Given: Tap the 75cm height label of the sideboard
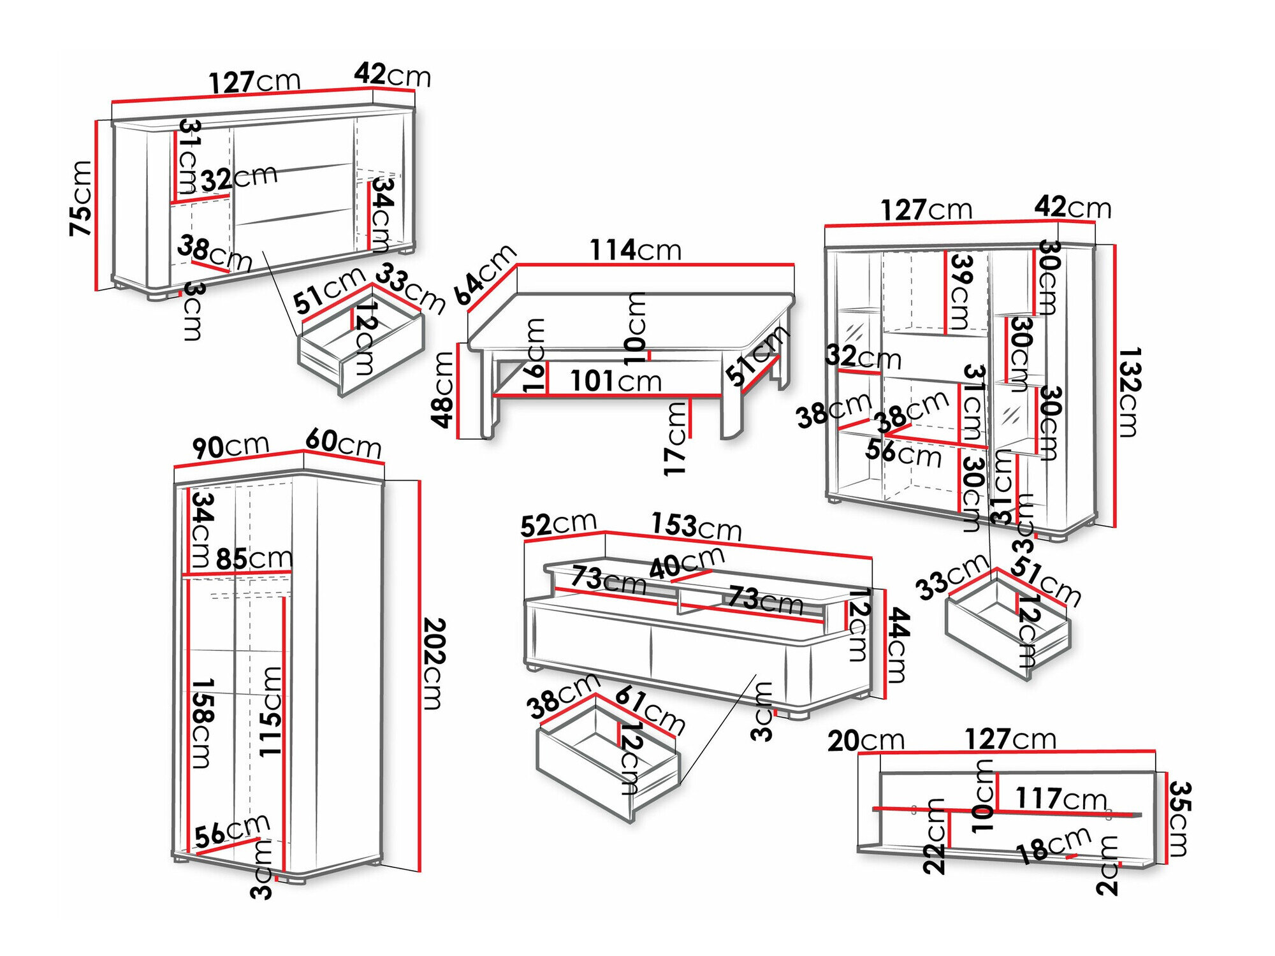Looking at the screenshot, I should (82, 198).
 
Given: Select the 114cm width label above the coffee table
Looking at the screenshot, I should (635, 250).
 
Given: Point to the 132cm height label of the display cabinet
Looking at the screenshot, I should (1128, 392).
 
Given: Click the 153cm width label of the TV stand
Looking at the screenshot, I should (696, 527).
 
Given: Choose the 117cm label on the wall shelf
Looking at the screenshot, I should (1061, 798).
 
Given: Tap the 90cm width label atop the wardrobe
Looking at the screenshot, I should (231, 446).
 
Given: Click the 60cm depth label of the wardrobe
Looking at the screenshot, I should (343, 442).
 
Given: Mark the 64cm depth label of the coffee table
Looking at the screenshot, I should (484, 274).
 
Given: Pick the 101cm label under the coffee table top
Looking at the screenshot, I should (616, 381).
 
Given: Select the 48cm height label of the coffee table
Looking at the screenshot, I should (442, 389).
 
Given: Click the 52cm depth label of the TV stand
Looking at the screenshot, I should (558, 524).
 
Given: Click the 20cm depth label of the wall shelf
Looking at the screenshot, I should (866, 741).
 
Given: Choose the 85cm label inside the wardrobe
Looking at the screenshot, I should (254, 559).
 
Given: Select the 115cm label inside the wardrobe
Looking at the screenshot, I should (270, 711).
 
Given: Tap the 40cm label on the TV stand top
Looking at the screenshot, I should (687, 563).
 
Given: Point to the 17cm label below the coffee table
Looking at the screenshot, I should (676, 439).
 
